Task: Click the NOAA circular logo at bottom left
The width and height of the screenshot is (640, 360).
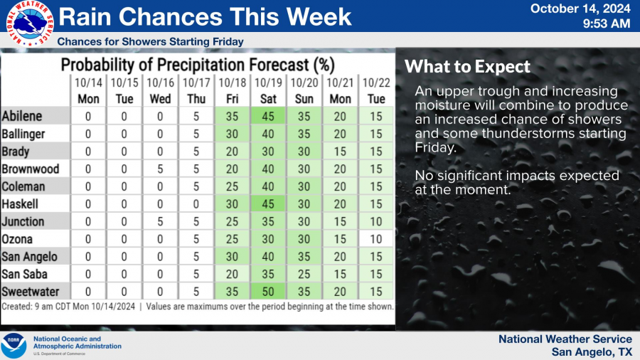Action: pos(14,346)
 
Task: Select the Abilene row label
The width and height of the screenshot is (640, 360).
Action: pos(23,115)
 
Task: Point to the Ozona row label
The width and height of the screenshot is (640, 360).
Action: pos(18,239)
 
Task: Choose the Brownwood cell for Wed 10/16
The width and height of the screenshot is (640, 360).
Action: pos(160,169)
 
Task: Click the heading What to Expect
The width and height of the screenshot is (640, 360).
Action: pos(467,68)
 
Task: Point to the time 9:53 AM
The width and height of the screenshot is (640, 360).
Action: pos(606,24)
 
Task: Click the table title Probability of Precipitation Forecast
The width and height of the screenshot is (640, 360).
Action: pos(197,65)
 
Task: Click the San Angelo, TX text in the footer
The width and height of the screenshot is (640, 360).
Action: pos(592,351)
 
